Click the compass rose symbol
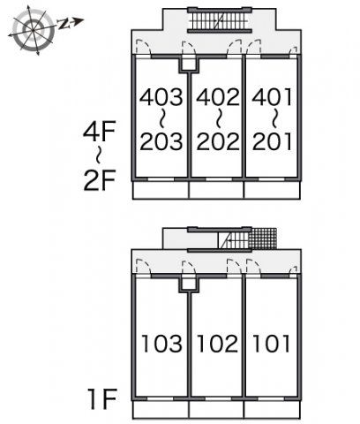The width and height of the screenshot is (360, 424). click(x=34, y=30)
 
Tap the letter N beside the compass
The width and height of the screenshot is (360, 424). click(x=63, y=24)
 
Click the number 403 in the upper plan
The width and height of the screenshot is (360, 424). click(x=161, y=97)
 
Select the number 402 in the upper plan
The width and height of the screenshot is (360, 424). click(x=218, y=97)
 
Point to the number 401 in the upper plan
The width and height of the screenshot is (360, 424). click(x=273, y=97)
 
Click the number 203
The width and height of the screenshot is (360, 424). click(x=161, y=141)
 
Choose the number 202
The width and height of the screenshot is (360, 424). click(x=218, y=141)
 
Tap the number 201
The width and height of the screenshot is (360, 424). click(x=273, y=141)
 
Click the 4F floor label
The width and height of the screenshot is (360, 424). click(x=99, y=131)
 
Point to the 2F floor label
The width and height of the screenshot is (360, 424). click(x=99, y=180)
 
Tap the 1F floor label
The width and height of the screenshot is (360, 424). click(x=102, y=399)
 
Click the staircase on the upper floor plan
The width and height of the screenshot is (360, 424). click(x=220, y=20)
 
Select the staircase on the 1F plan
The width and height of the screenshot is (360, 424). click(x=234, y=240)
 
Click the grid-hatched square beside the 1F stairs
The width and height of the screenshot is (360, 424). click(x=263, y=238)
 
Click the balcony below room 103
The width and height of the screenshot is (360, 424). click(x=161, y=410)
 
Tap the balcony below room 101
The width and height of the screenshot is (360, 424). click(x=273, y=410)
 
